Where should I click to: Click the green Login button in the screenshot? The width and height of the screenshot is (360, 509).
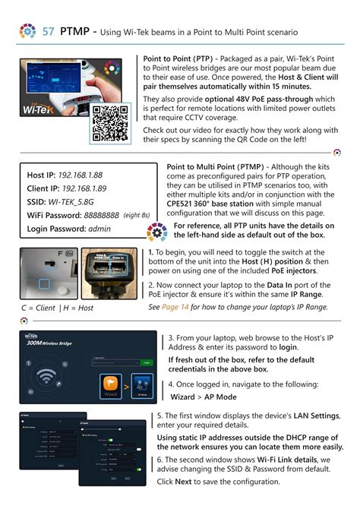pyautogui.click(x=147, y=362)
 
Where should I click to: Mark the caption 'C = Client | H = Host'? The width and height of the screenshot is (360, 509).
pyautogui.click(x=57, y=308)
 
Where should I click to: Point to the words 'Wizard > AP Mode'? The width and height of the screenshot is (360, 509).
pyautogui.click(x=204, y=397)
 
